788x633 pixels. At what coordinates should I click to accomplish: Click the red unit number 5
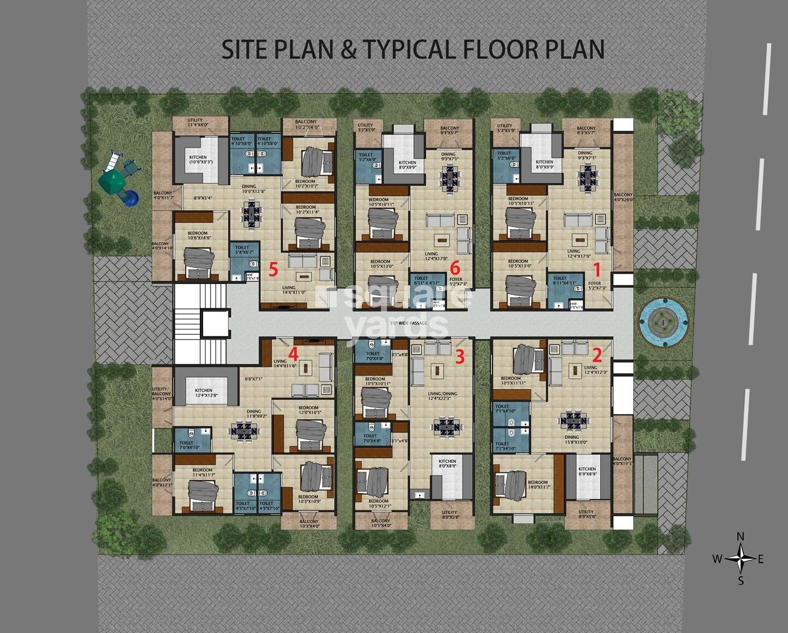pyautogui.click(x=273, y=269)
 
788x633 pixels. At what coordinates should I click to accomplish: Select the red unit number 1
pyautogui.click(x=596, y=269)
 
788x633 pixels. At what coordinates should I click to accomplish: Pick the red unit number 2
pyautogui.click(x=596, y=356)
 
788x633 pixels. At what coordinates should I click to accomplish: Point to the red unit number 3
pyautogui.click(x=460, y=357)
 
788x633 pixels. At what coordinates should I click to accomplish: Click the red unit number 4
pyautogui.click(x=293, y=352)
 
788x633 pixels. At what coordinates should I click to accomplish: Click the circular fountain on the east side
pyautogui.click(x=663, y=322)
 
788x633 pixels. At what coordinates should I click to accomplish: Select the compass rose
pyautogui.click(x=740, y=559)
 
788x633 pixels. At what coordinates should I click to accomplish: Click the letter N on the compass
pyautogui.click(x=740, y=537)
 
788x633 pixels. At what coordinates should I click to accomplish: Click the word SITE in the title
pyautogui.click(x=246, y=49)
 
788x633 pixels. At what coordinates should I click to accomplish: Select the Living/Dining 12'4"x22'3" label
pyautogui.click(x=442, y=397)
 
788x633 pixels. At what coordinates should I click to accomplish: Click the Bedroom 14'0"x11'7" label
pyautogui.click(x=537, y=484)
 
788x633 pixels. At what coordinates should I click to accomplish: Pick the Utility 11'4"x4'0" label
pyautogui.click(x=195, y=122)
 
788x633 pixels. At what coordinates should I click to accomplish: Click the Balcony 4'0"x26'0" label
pyautogui.click(x=623, y=197)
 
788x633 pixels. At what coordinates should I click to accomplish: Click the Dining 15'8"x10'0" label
pyautogui.click(x=572, y=440)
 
